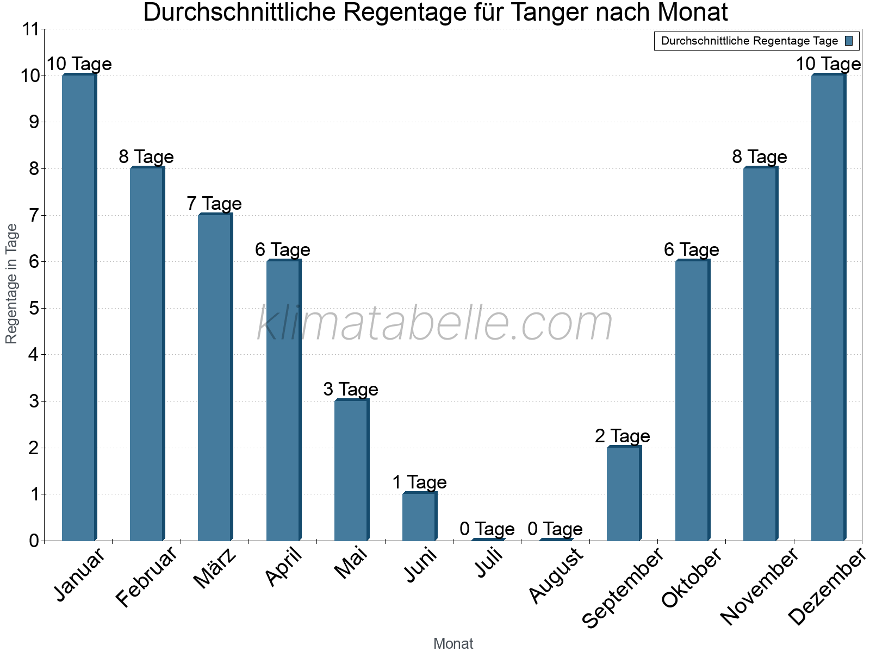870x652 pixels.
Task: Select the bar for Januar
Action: click(x=79, y=308)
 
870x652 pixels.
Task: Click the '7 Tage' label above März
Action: click(x=214, y=204)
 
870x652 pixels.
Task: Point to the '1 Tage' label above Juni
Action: click(x=419, y=482)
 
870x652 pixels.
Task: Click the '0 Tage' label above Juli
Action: click(x=487, y=529)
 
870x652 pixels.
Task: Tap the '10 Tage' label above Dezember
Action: click(x=828, y=64)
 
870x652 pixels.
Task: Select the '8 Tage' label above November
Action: click(x=760, y=157)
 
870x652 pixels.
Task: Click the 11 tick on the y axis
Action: click(x=32, y=29)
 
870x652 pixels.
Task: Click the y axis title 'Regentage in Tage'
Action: click(x=12, y=284)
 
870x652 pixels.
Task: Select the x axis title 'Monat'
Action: click(x=453, y=644)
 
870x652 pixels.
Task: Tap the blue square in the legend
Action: click(x=849, y=41)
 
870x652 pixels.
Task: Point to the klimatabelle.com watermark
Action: click(x=434, y=323)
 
